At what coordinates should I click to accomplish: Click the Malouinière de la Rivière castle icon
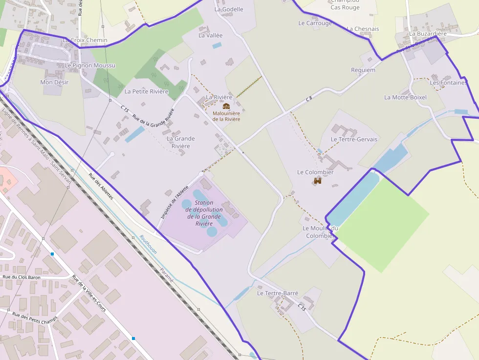click(x=226, y=106)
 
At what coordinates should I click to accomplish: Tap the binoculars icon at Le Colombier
click(x=318, y=181)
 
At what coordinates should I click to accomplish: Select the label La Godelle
click(x=228, y=9)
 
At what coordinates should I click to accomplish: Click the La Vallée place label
click(x=210, y=35)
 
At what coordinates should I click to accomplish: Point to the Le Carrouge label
click(x=315, y=23)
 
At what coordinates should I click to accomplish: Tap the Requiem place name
click(x=363, y=70)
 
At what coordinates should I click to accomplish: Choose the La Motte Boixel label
click(x=405, y=97)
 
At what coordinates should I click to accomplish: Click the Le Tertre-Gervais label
click(x=354, y=139)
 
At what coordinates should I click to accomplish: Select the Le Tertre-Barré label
click(x=278, y=293)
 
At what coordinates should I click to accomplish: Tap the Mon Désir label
click(x=54, y=83)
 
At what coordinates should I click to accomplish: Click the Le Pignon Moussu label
click(x=90, y=65)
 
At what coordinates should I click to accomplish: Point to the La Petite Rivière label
click(x=146, y=91)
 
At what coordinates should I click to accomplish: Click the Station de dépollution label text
click(x=204, y=213)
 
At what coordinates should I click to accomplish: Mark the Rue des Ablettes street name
click(x=101, y=186)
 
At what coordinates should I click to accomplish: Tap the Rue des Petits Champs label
click(x=35, y=322)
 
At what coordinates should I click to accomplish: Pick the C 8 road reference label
click(x=309, y=99)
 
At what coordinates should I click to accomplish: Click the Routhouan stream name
click(x=148, y=244)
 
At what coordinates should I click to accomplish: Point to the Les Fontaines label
click(x=448, y=83)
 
